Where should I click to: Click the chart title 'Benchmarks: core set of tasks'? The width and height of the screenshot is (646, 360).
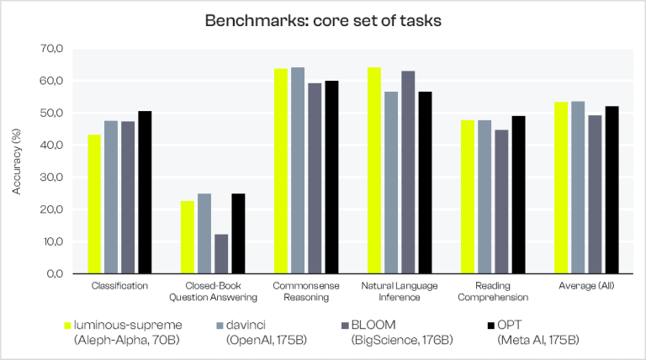(x=323, y=20)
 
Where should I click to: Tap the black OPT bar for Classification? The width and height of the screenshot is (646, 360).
(x=145, y=193)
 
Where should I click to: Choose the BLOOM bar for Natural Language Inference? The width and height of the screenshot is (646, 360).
(x=408, y=172)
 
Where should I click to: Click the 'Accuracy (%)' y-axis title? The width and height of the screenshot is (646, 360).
(x=16, y=162)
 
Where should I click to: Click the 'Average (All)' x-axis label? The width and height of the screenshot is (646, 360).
(x=586, y=286)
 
